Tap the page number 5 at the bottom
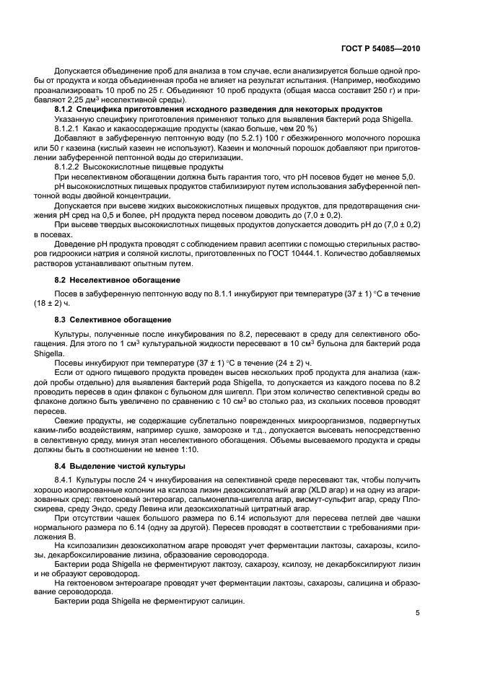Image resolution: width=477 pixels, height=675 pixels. (x=418, y=613)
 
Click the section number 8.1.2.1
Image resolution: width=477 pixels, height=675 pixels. (x=71, y=129)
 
